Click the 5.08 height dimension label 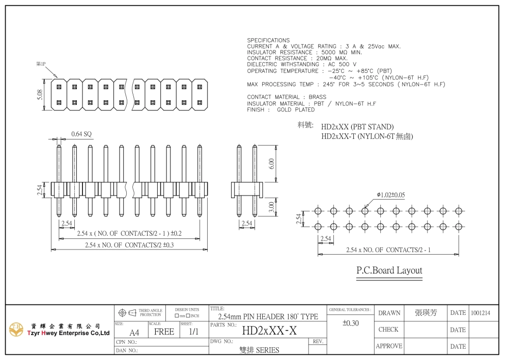pos(40,95)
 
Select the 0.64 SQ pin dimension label pos(81,134)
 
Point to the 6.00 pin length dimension pos(272,163)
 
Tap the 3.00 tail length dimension pos(272,207)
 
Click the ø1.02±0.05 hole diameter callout pos(391,195)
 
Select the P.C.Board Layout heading pos(389,270)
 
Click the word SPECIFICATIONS pos(268,40)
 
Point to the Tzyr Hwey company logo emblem pos(16,329)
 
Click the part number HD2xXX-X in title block pos(269,331)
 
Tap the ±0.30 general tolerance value pos(351,323)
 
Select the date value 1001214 pos(480,313)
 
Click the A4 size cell pos(134,333)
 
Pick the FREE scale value pos(164,332)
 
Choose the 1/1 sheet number pos(193,331)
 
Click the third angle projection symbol pos(127,313)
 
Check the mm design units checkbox pos(177,316)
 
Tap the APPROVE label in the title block pos(389,346)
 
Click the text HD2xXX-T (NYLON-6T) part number pos(367,136)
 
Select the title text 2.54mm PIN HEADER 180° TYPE pos(268,317)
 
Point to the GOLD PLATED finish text pos(296,109)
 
